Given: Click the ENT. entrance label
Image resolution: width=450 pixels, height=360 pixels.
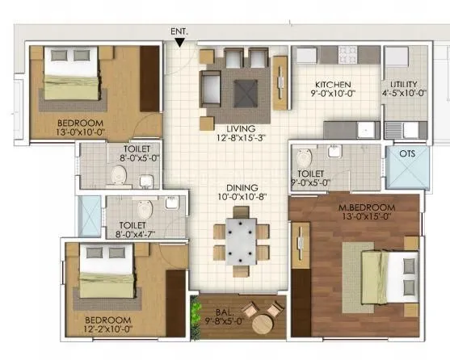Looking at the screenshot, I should coord(179,31).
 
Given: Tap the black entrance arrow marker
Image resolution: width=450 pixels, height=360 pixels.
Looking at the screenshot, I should coord(179,42).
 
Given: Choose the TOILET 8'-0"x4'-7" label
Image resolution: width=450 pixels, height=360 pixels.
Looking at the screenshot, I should coord(132,230).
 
